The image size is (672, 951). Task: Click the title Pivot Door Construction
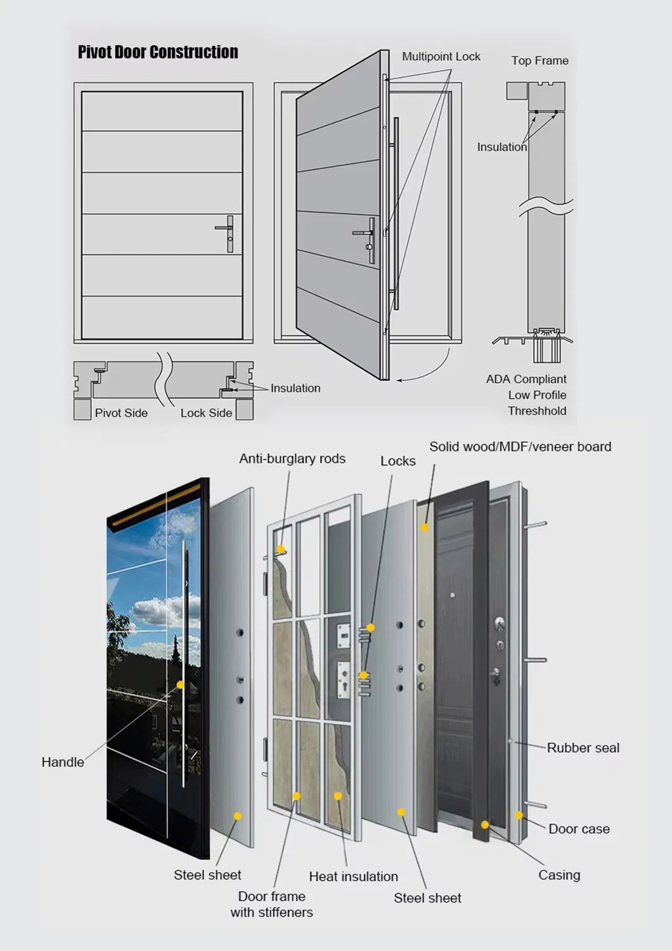[158, 52]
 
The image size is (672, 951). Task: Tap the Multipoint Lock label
[441, 56]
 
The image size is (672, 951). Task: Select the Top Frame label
[540, 60]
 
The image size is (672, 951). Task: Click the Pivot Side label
[121, 413]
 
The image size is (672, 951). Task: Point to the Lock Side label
[206, 413]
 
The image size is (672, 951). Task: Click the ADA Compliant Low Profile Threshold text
[527, 394]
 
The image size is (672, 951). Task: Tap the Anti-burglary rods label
[292, 458]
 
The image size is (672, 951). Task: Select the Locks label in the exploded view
[397, 461]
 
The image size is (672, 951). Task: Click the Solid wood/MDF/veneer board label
[520, 446]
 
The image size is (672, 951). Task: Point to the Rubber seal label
[583, 747]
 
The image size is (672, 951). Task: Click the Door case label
[579, 829]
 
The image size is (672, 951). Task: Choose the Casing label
[559, 875]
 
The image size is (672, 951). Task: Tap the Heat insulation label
[353, 876]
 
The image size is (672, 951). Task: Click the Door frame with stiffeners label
[271, 904]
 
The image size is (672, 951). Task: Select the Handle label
[63, 762]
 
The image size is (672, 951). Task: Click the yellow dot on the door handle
[181, 685]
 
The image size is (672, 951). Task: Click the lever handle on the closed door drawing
[226, 228]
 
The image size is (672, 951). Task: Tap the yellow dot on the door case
[519, 815]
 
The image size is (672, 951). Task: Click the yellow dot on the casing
[485, 825]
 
